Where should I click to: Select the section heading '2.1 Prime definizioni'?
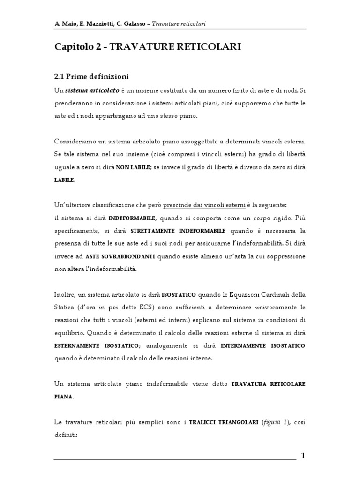pos(92,76)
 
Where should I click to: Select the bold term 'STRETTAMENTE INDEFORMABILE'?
pos(178,231)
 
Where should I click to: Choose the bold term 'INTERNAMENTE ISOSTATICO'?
pos(270,345)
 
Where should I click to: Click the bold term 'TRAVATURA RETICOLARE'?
pos(269,384)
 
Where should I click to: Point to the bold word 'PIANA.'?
pos(64,396)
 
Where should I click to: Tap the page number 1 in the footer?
pos(303,455)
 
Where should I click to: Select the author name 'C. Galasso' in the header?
pos(140,23)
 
